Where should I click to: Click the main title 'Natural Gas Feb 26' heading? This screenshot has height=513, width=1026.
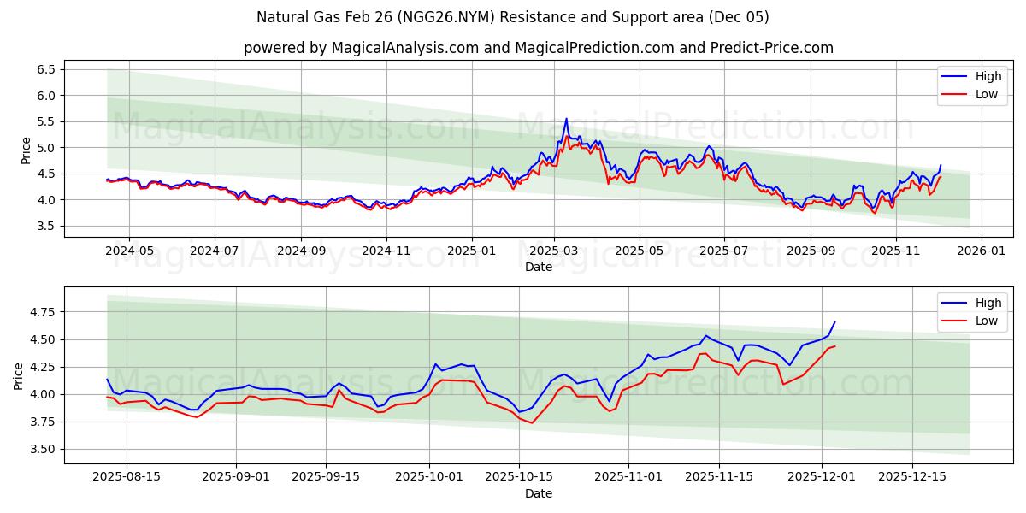pos(513,17)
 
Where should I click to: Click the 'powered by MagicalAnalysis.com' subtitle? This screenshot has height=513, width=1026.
pos(539,48)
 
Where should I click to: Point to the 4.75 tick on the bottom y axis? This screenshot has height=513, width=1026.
pos(40,312)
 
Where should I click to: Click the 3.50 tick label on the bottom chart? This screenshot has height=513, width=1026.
pos(40,449)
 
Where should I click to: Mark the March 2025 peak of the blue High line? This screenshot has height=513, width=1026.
pos(566,119)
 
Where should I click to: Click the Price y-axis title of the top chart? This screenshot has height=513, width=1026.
pos(26,150)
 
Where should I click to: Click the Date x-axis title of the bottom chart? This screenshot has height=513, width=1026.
pos(539,493)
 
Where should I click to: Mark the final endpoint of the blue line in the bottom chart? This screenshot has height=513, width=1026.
pos(834,322)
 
